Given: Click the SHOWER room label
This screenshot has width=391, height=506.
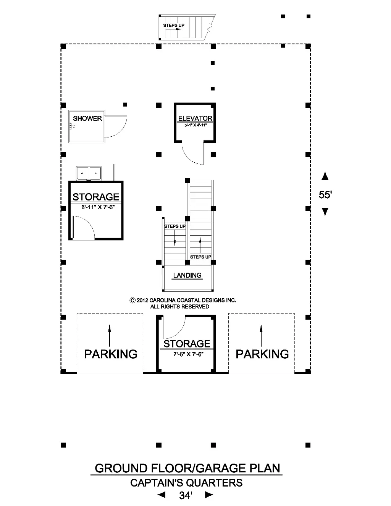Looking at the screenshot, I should click(87, 118).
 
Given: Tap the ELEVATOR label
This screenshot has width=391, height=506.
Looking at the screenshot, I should click(195, 118).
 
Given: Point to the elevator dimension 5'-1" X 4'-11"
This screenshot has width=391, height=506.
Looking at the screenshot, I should click(195, 125).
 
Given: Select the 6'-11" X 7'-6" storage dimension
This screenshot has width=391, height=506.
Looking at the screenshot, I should click(98, 207).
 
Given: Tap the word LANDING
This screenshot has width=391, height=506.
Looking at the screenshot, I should click(187, 275).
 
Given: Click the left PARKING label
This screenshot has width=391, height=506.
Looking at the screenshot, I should click(110, 354).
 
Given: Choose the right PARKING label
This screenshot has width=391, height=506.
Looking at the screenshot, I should click(262, 354).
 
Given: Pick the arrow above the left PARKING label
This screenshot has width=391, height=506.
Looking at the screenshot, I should click(110, 335).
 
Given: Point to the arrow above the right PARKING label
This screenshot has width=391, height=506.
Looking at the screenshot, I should click(261, 335).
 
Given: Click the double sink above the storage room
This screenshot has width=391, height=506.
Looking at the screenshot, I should click(89, 173).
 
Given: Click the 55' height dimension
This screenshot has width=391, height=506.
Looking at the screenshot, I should click(325, 195).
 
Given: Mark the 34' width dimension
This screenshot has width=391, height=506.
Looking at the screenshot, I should click(186, 496).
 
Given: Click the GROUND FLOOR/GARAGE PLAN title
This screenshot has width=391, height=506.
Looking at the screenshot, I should click(187, 468).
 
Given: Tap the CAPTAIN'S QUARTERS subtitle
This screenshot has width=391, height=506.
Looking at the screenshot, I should click(186, 483).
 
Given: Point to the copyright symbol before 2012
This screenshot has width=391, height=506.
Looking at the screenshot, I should click(132, 301).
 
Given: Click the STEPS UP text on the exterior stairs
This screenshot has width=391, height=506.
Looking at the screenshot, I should click(174, 26).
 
